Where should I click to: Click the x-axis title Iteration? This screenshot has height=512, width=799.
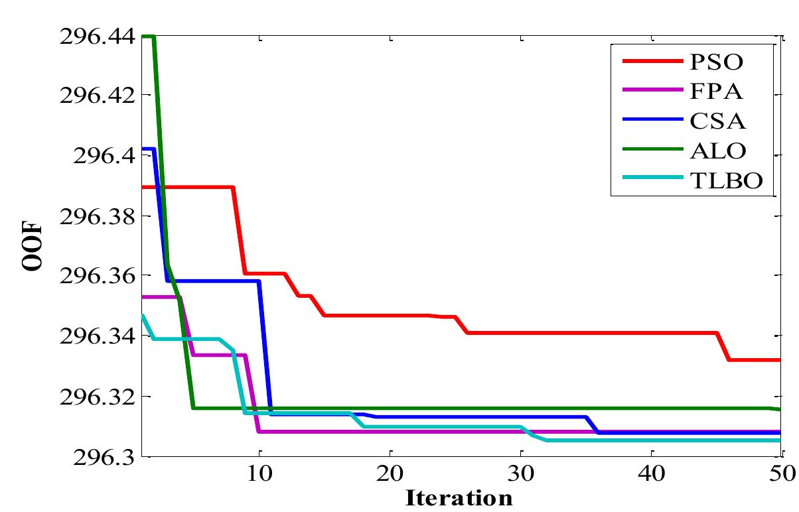tap(459, 497)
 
